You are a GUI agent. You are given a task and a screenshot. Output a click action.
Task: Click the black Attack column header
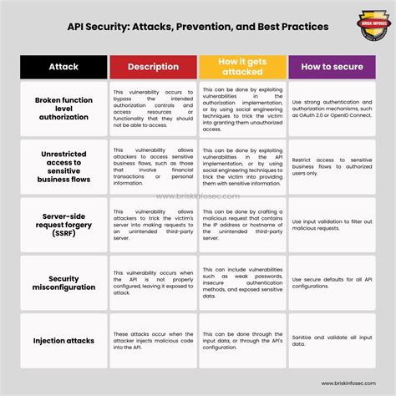coord(64,67)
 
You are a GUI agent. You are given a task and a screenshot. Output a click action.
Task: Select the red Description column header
coord(154,67)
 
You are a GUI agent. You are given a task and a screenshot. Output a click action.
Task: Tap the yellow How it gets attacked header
coord(242,67)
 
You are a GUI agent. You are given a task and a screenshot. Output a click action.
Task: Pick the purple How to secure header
coord(333,67)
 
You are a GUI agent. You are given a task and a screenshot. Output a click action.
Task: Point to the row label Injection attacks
coord(64,341)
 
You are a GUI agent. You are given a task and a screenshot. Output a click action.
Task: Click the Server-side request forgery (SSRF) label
coord(64,223)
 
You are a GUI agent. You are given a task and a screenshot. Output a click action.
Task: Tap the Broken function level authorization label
coord(64,107)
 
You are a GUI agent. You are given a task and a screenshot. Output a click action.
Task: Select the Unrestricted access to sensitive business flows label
coord(64,165)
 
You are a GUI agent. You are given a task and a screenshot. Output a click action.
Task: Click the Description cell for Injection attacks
coord(154,341)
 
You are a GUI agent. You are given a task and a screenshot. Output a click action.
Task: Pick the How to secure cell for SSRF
coord(333,223)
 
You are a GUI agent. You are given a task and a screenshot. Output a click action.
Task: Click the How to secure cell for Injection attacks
coord(333,341)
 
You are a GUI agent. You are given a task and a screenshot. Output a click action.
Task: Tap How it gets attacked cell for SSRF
coord(242,223)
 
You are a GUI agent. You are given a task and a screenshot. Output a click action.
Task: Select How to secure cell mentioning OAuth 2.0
coord(333,107)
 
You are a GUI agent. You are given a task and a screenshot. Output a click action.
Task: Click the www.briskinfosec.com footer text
coord(356,386)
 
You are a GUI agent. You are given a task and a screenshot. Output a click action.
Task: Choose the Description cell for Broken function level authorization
coord(154,107)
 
